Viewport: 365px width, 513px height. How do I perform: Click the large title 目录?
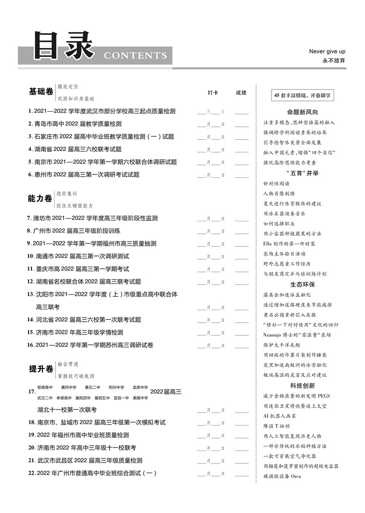pos(64,46)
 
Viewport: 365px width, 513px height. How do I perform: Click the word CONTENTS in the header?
pos(135,56)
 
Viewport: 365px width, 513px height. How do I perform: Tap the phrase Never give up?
pos(327,51)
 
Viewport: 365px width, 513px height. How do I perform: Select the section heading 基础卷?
pos(41,92)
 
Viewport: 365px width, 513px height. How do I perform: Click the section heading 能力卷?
pos(40,199)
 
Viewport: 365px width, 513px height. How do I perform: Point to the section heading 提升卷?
pos(41,369)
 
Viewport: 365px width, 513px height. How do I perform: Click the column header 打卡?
pos(213,93)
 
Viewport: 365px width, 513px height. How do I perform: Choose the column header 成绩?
pos(241,93)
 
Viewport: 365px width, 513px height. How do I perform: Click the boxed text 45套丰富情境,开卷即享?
pos(303,96)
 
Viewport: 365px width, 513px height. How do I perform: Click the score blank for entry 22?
pos(242,474)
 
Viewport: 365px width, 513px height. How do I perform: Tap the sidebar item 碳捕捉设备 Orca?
pos(282,476)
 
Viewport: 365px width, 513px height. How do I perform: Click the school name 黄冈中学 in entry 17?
pos(68,387)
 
